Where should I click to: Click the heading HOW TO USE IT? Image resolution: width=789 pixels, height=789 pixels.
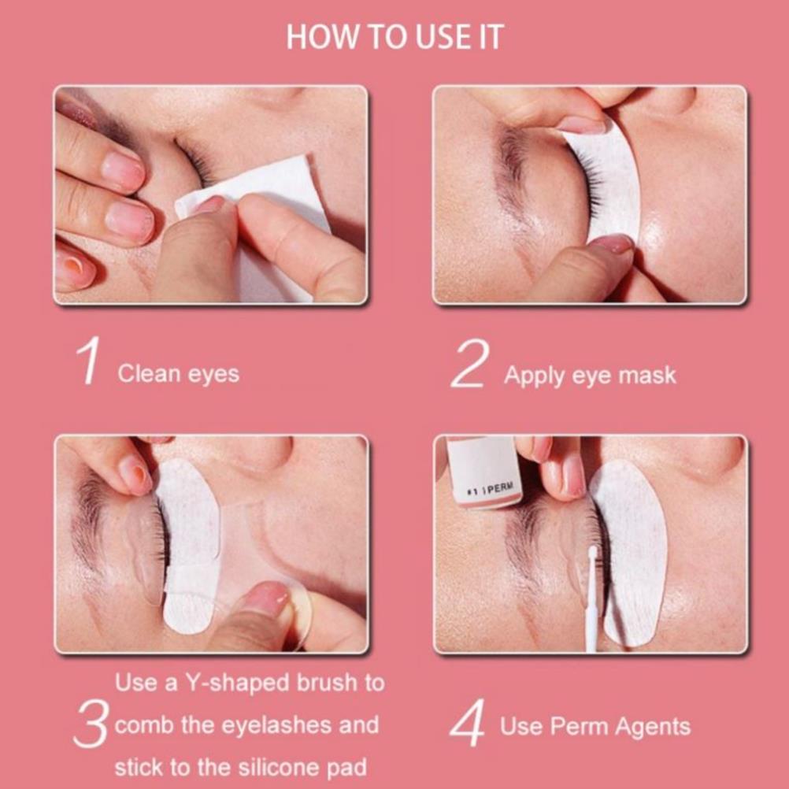[394, 37]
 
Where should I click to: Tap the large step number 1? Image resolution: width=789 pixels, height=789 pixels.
[88, 361]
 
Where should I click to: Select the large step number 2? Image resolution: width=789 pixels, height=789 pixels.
[470, 363]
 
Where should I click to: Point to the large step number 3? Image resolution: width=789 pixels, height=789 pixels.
[91, 724]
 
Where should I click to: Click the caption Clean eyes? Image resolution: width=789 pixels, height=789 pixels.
[179, 374]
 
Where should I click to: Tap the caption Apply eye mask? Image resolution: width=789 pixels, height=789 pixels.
[590, 376]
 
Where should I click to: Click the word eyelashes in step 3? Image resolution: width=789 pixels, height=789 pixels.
[276, 725]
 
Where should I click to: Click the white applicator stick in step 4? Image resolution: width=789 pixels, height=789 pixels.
[591, 598]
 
